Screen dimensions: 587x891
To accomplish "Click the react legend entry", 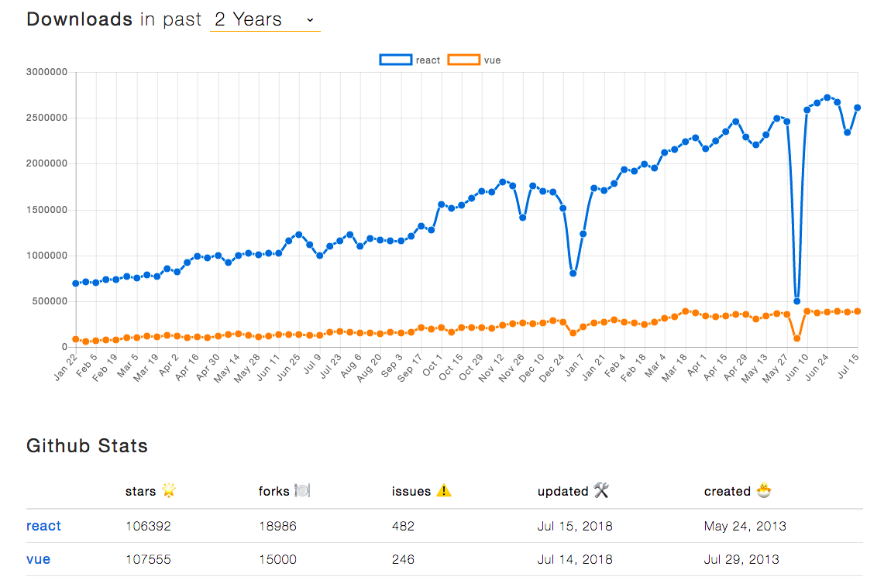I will [x=410, y=60].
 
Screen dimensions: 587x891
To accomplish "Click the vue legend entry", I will [x=475, y=60].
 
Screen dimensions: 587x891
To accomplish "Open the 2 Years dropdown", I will [x=265, y=20].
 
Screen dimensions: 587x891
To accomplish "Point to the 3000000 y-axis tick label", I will [x=46, y=72].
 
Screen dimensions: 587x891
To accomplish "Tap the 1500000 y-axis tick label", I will [x=46, y=210].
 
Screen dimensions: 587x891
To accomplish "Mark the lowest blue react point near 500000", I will [x=796, y=301].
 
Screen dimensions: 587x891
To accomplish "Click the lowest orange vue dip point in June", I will [x=796, y=338].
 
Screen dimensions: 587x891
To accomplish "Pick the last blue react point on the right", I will [x=858, y=108].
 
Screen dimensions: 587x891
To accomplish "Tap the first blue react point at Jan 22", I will [x=75, y=283].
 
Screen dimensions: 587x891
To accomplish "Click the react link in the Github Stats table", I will [x=43, y=526].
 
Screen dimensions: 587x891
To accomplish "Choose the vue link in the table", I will [x=38, y=559].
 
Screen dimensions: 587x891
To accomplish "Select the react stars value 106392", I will [x=148, y=526].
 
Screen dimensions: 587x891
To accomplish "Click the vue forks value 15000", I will [x=277, y=559].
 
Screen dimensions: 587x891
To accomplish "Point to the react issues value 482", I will [x=403, y=526].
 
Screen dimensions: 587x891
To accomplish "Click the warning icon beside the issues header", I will [x=443, y=490].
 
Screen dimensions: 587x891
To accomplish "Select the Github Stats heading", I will [x=87, y=445].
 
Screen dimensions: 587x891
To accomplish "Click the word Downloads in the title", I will [x=79, y=19].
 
